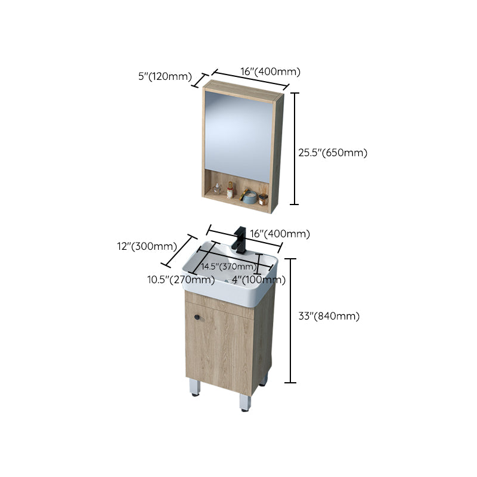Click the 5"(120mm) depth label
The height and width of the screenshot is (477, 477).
click(164, 76)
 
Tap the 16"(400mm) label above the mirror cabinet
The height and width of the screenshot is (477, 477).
click(270, 72)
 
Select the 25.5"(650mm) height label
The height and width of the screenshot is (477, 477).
click(333, 152)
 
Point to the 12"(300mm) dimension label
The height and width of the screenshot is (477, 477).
click(146, 246)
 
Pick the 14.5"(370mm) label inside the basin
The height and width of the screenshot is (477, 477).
click(227, 266)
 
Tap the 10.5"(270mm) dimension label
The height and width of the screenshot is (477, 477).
click(182, 280)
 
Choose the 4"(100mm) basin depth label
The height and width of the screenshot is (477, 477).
click(259, 280)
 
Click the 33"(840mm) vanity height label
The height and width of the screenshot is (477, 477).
click(329, 317)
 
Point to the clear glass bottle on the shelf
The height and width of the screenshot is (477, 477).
click(217, 190)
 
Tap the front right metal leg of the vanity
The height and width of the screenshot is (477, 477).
click(244, 402)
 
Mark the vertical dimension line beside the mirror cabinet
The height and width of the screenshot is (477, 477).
click(294, 148)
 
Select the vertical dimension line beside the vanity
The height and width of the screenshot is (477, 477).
click(290, 320)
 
